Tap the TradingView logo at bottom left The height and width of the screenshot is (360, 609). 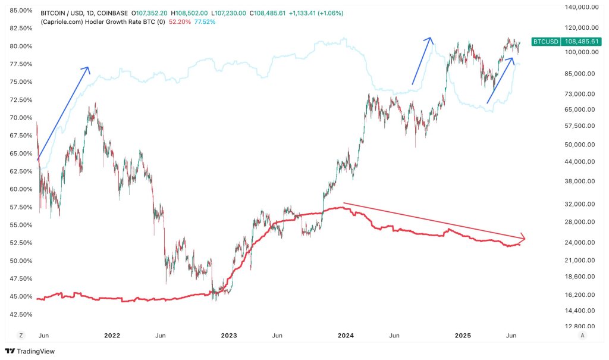28,351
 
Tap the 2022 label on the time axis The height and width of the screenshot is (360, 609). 112,336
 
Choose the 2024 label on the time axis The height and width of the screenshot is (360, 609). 346,336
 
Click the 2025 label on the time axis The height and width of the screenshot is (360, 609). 463,336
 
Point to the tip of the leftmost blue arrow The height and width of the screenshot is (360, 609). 88,67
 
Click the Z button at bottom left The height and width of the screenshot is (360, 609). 21,336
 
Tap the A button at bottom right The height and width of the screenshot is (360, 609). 582,336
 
